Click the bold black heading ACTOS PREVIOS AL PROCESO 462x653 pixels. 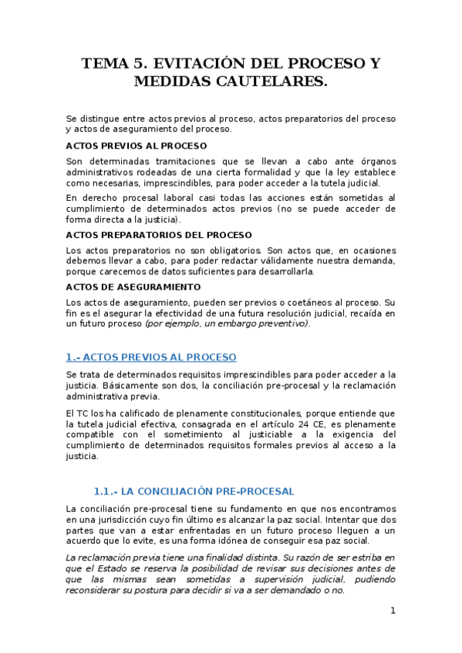click(x=137, y=146)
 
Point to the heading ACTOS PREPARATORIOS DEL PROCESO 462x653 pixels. click(x=159, y=235)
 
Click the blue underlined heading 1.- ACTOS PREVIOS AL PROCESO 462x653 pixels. click(x=151, y=357)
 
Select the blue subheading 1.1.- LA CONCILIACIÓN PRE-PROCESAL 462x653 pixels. click(x=194, y=491)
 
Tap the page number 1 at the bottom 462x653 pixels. click(x=393, y=610)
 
